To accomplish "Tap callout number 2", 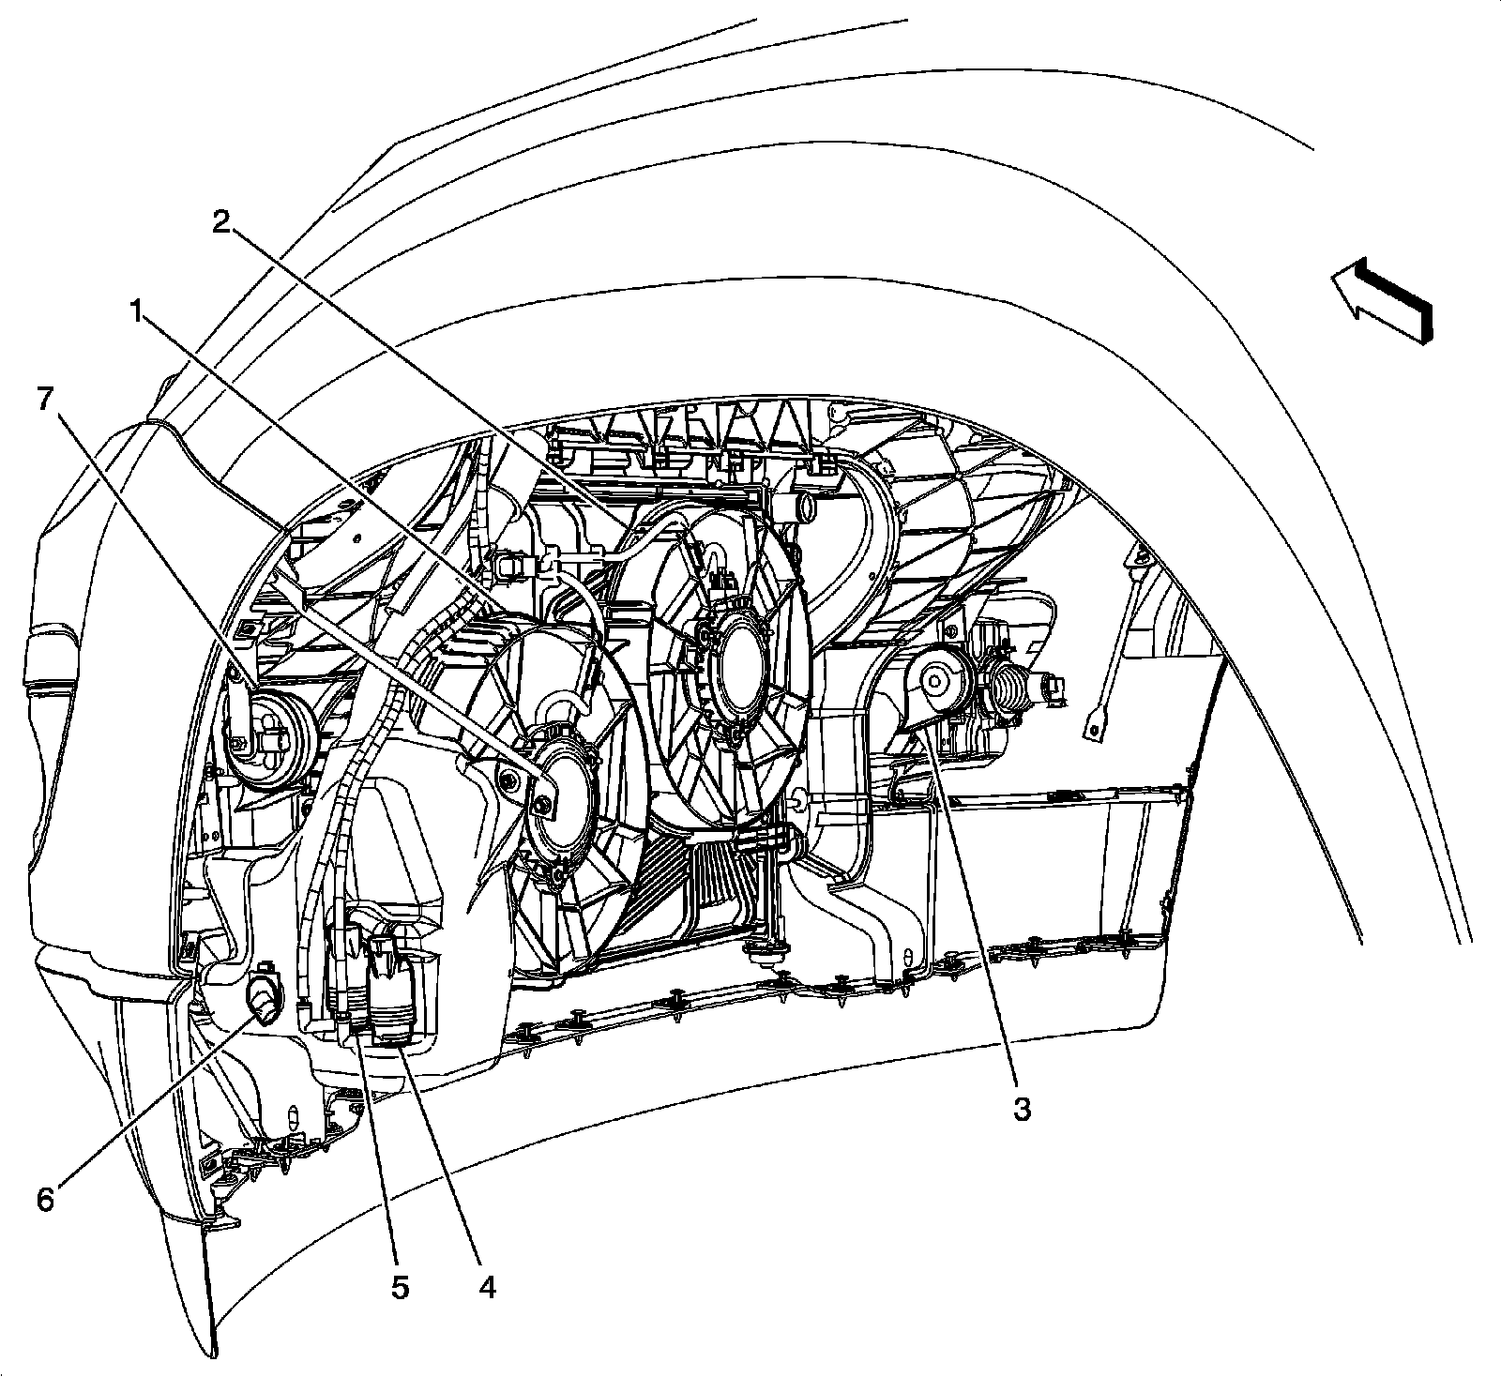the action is point(221,221).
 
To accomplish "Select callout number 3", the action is point(1021,1110).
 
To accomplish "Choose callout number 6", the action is point(45,1199).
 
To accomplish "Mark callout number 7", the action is point(44,398).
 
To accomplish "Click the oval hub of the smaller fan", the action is point(560,793).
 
